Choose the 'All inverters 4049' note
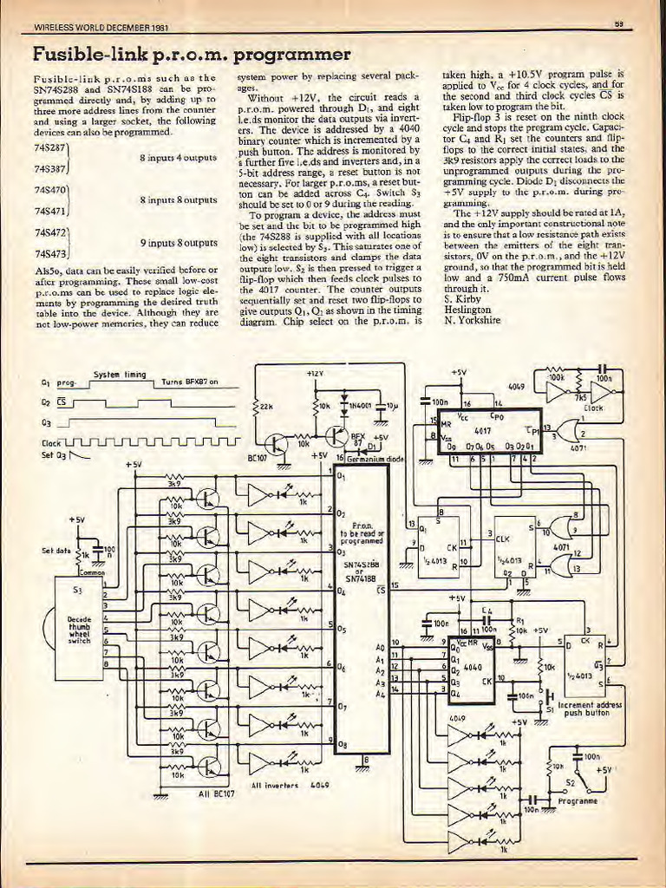[x=283, y=786]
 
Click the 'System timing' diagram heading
[x=119, y=375]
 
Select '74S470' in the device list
[x=47, y=189]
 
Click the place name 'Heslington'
[x=467, y=309]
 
